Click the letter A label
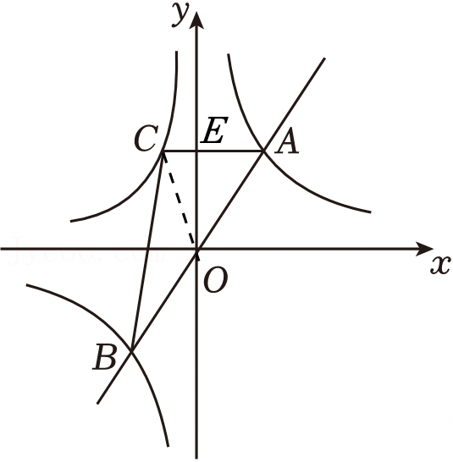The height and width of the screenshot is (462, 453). [287, 141]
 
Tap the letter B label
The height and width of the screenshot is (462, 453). [105, 357]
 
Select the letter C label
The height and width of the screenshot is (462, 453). [146, 138]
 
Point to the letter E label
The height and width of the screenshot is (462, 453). [214, 130]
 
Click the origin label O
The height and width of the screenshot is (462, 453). [216, 281]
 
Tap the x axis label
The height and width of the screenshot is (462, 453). [440, 265]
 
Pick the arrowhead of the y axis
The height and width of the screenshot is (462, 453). [196, 20]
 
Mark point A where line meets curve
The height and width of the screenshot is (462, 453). [263, 151]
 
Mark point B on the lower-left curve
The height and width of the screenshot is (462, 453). [132, 350]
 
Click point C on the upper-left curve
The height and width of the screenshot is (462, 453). [163, 151]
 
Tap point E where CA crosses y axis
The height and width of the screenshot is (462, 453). [196, 151]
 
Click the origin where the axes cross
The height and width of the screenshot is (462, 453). [196, 250]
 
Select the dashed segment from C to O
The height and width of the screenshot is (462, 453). [180, 201]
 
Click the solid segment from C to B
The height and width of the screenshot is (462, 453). [147, 250]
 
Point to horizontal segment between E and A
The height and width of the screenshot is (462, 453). [230, 151]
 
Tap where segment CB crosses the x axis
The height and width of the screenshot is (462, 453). [147, 250]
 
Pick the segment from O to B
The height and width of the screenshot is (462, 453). [164, 300]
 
